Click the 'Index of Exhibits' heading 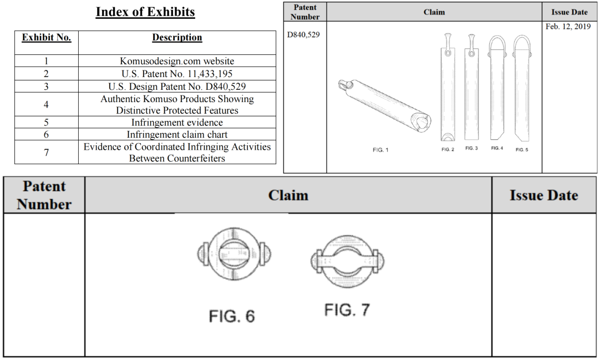click(x=145, y=12)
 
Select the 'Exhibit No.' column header click(x=47, y=38)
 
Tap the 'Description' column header click(x=177, y=38)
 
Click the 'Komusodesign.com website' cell click(x=177, y=61)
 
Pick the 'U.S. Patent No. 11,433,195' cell click(x=177, y=74)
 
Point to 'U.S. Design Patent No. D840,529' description click(x=177, y=87)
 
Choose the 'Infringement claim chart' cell click(x=177, y=134)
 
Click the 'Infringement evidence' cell click(x=177, y=123)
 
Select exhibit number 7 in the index click(x=47, y=152)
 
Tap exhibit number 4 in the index click(x=47, y=104)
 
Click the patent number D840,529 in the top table click(x=303, y=35)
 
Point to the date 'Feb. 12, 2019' click(x=568, y=27)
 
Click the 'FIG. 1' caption click(x=380, y=150)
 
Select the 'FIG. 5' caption click(x=522, y=150)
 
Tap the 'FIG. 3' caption click(x=471, y=148)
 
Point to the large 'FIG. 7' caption click(x=347, y=310)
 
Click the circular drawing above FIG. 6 click(x=233, y=255)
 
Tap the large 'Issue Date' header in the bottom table click(x=544, y=195)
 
